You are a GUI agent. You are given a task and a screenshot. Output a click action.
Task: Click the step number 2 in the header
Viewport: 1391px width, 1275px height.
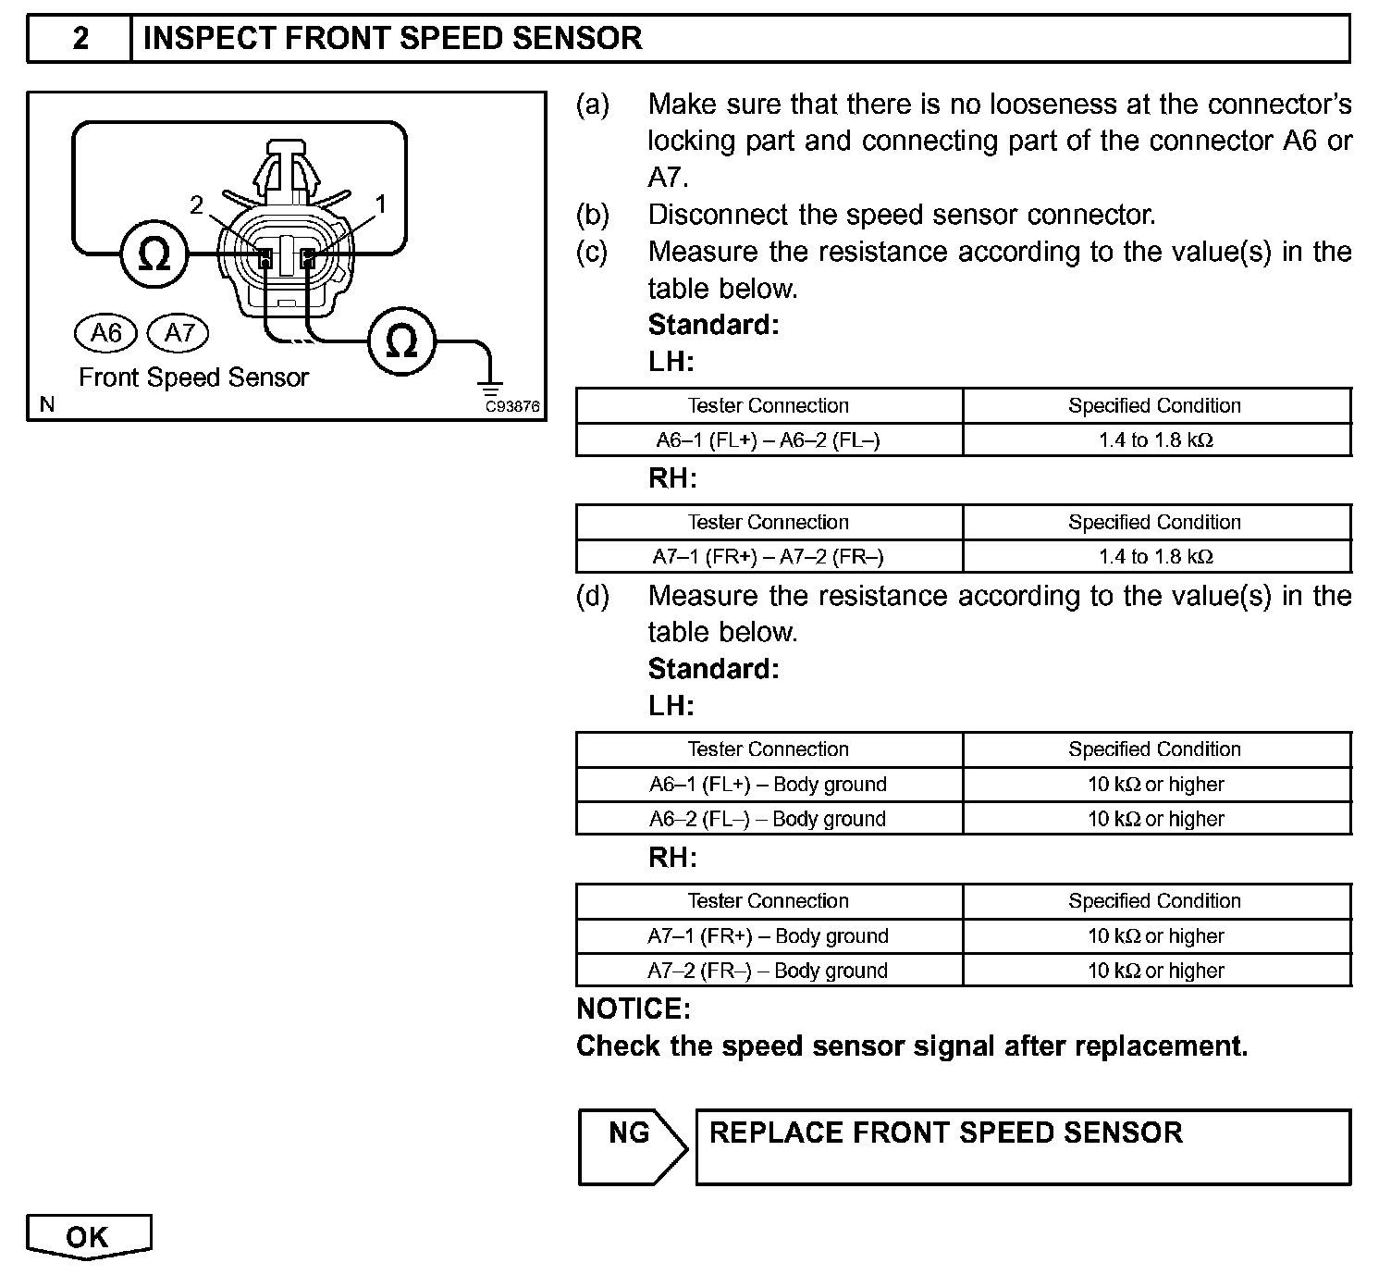pos(80,39)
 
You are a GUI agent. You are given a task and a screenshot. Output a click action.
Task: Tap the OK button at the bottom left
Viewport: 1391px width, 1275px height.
pos(88,1237)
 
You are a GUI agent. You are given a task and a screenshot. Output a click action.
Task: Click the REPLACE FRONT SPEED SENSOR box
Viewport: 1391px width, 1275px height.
pos(1022,1146)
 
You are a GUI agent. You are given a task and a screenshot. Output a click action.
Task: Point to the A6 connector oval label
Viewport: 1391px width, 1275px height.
pos(105,332)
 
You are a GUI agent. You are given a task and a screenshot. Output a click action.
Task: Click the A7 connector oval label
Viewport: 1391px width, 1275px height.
pos(178,332)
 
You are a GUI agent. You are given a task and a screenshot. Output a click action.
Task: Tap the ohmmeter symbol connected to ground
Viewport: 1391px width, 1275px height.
pos(400,342)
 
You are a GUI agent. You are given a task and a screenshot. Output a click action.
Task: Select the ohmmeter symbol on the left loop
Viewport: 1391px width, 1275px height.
pos(154,254)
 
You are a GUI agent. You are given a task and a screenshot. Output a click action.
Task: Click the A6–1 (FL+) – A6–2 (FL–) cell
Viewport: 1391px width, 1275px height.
pos(769,440)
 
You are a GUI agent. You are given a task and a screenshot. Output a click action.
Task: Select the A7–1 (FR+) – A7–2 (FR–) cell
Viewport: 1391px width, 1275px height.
pos(769,557)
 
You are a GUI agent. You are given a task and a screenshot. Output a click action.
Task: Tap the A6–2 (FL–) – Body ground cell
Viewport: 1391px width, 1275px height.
pos(769,819)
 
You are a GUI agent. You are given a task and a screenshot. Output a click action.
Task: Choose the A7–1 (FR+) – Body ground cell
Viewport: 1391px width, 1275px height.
pos(769,935)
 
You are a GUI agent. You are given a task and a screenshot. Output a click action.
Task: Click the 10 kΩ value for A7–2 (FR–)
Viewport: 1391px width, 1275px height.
pos(1156,971)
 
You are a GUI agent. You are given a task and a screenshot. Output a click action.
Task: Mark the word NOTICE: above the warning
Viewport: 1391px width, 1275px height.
pos(634,1009)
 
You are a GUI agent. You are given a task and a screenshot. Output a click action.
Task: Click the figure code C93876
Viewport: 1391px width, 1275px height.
pos(513,406)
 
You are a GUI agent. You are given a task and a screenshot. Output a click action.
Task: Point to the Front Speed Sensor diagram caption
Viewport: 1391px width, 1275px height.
pos(193,378)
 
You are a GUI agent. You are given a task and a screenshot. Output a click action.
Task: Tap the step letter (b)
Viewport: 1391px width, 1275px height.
pos(593,215)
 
